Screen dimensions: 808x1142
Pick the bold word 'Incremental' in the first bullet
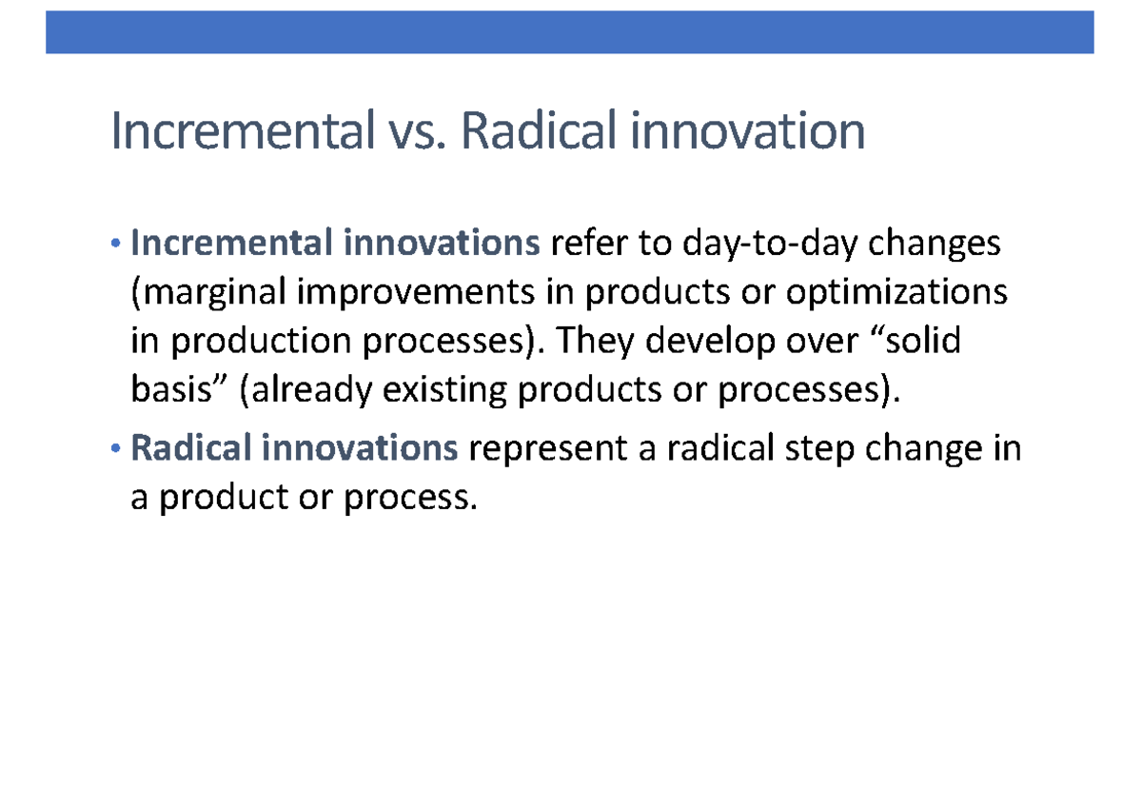click(x=230, y=245)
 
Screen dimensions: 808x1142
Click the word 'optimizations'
click(x=896, y=293)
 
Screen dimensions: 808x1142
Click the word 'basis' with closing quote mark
click(x=180, y=390)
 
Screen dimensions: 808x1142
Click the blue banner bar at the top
click(x=570, y=32)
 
